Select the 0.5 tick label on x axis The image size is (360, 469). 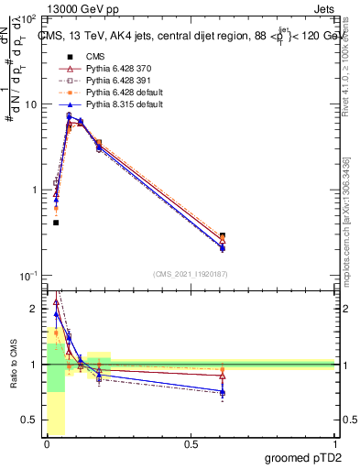[x=191, y=444]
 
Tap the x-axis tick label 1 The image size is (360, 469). [x=333, y=444]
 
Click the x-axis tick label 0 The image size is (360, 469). [x=48, y=444]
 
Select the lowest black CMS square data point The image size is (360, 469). [x=56, y=223]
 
